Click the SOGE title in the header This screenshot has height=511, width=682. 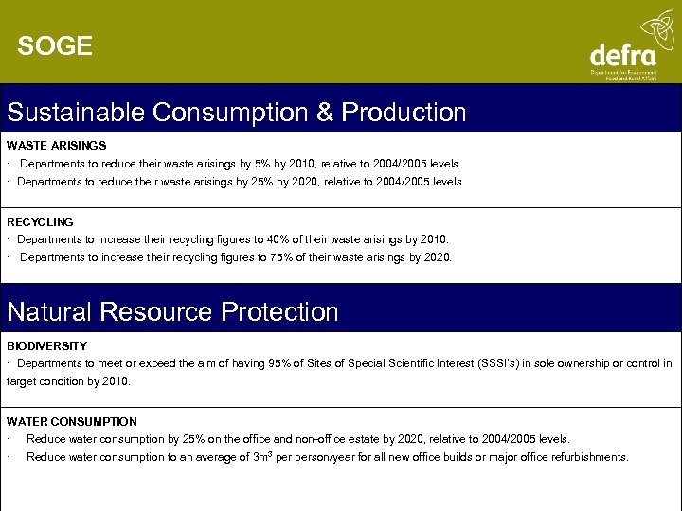click(x=55, y=46)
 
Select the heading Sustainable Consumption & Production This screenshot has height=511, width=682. click(x=237, y=113)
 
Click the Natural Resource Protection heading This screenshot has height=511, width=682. click(x=172, y=312)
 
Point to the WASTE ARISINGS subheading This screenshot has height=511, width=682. click(x=56, y=146)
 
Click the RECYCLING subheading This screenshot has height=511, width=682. click(x=40, y=222)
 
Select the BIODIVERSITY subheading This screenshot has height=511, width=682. click(x=46, y=346)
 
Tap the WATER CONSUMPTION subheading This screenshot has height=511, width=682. click(x=72, y=422)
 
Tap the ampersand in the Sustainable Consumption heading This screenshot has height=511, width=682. click(x=325, y=113)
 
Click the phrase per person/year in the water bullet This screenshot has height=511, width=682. click(x=310, y=457)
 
